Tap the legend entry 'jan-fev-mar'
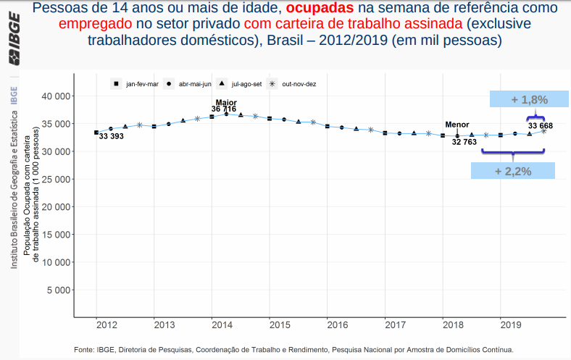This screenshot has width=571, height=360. [x=142, y=84]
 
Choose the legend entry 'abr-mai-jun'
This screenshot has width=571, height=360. [x=194, y=84]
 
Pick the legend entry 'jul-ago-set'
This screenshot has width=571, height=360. [x=246, y=84]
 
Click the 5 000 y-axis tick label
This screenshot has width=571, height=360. [x=57, y=290]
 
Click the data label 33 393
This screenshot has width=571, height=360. [x=112, y=137]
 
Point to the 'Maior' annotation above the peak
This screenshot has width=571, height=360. [x=226, y=102]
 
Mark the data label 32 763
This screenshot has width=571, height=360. [x=464, y=143]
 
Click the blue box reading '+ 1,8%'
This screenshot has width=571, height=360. [x=528, y=99]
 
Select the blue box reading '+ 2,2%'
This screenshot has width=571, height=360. [x=513, y=171]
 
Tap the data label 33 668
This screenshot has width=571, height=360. [x=541, y=126]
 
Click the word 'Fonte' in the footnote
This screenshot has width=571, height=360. [x=85, y=350]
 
